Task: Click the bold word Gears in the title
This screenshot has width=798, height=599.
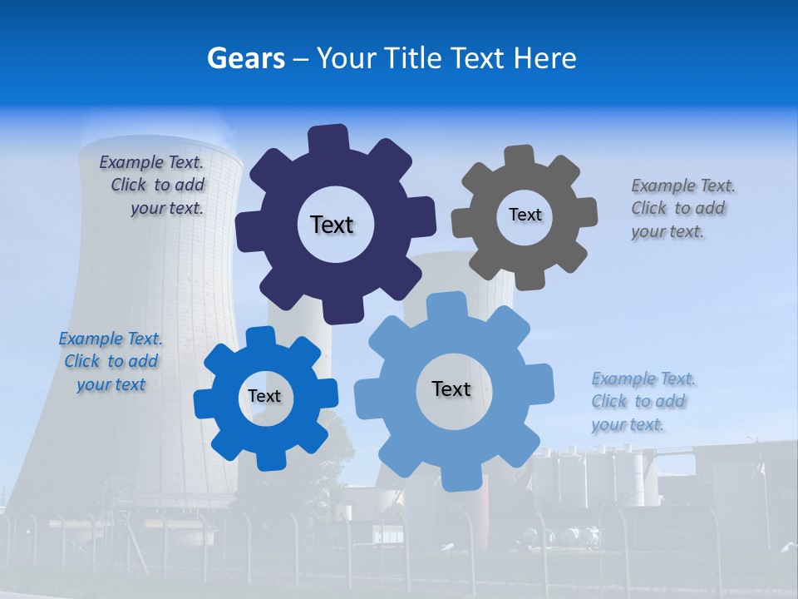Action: [245, 58]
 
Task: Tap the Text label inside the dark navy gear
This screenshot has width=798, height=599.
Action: [332, 225]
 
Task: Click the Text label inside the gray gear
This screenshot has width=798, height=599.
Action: [525, 215]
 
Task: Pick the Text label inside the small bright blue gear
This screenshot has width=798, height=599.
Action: [264, 396]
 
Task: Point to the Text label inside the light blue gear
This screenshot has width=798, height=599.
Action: [451, 389]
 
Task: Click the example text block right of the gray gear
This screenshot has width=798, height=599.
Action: [682, 208]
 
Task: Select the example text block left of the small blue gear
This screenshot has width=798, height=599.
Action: [111, 362]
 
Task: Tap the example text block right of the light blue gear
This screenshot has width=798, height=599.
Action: [643, 401]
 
